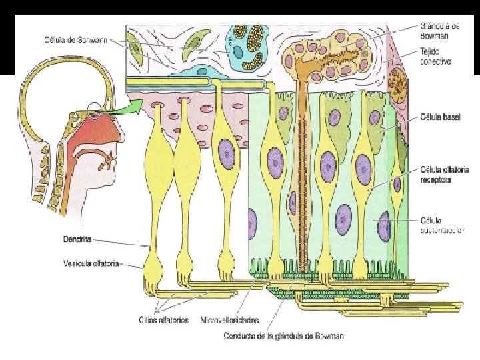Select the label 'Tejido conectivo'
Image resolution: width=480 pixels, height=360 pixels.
click(x=435, y=57)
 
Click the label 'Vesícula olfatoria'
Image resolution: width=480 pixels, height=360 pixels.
click(x=91, y=264)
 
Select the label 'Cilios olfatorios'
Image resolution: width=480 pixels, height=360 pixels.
click(x=164, y=320)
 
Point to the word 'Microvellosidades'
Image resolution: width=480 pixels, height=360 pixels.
click(x=230, y=320)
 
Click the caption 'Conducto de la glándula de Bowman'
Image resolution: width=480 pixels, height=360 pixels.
click(x=283, y=335)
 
